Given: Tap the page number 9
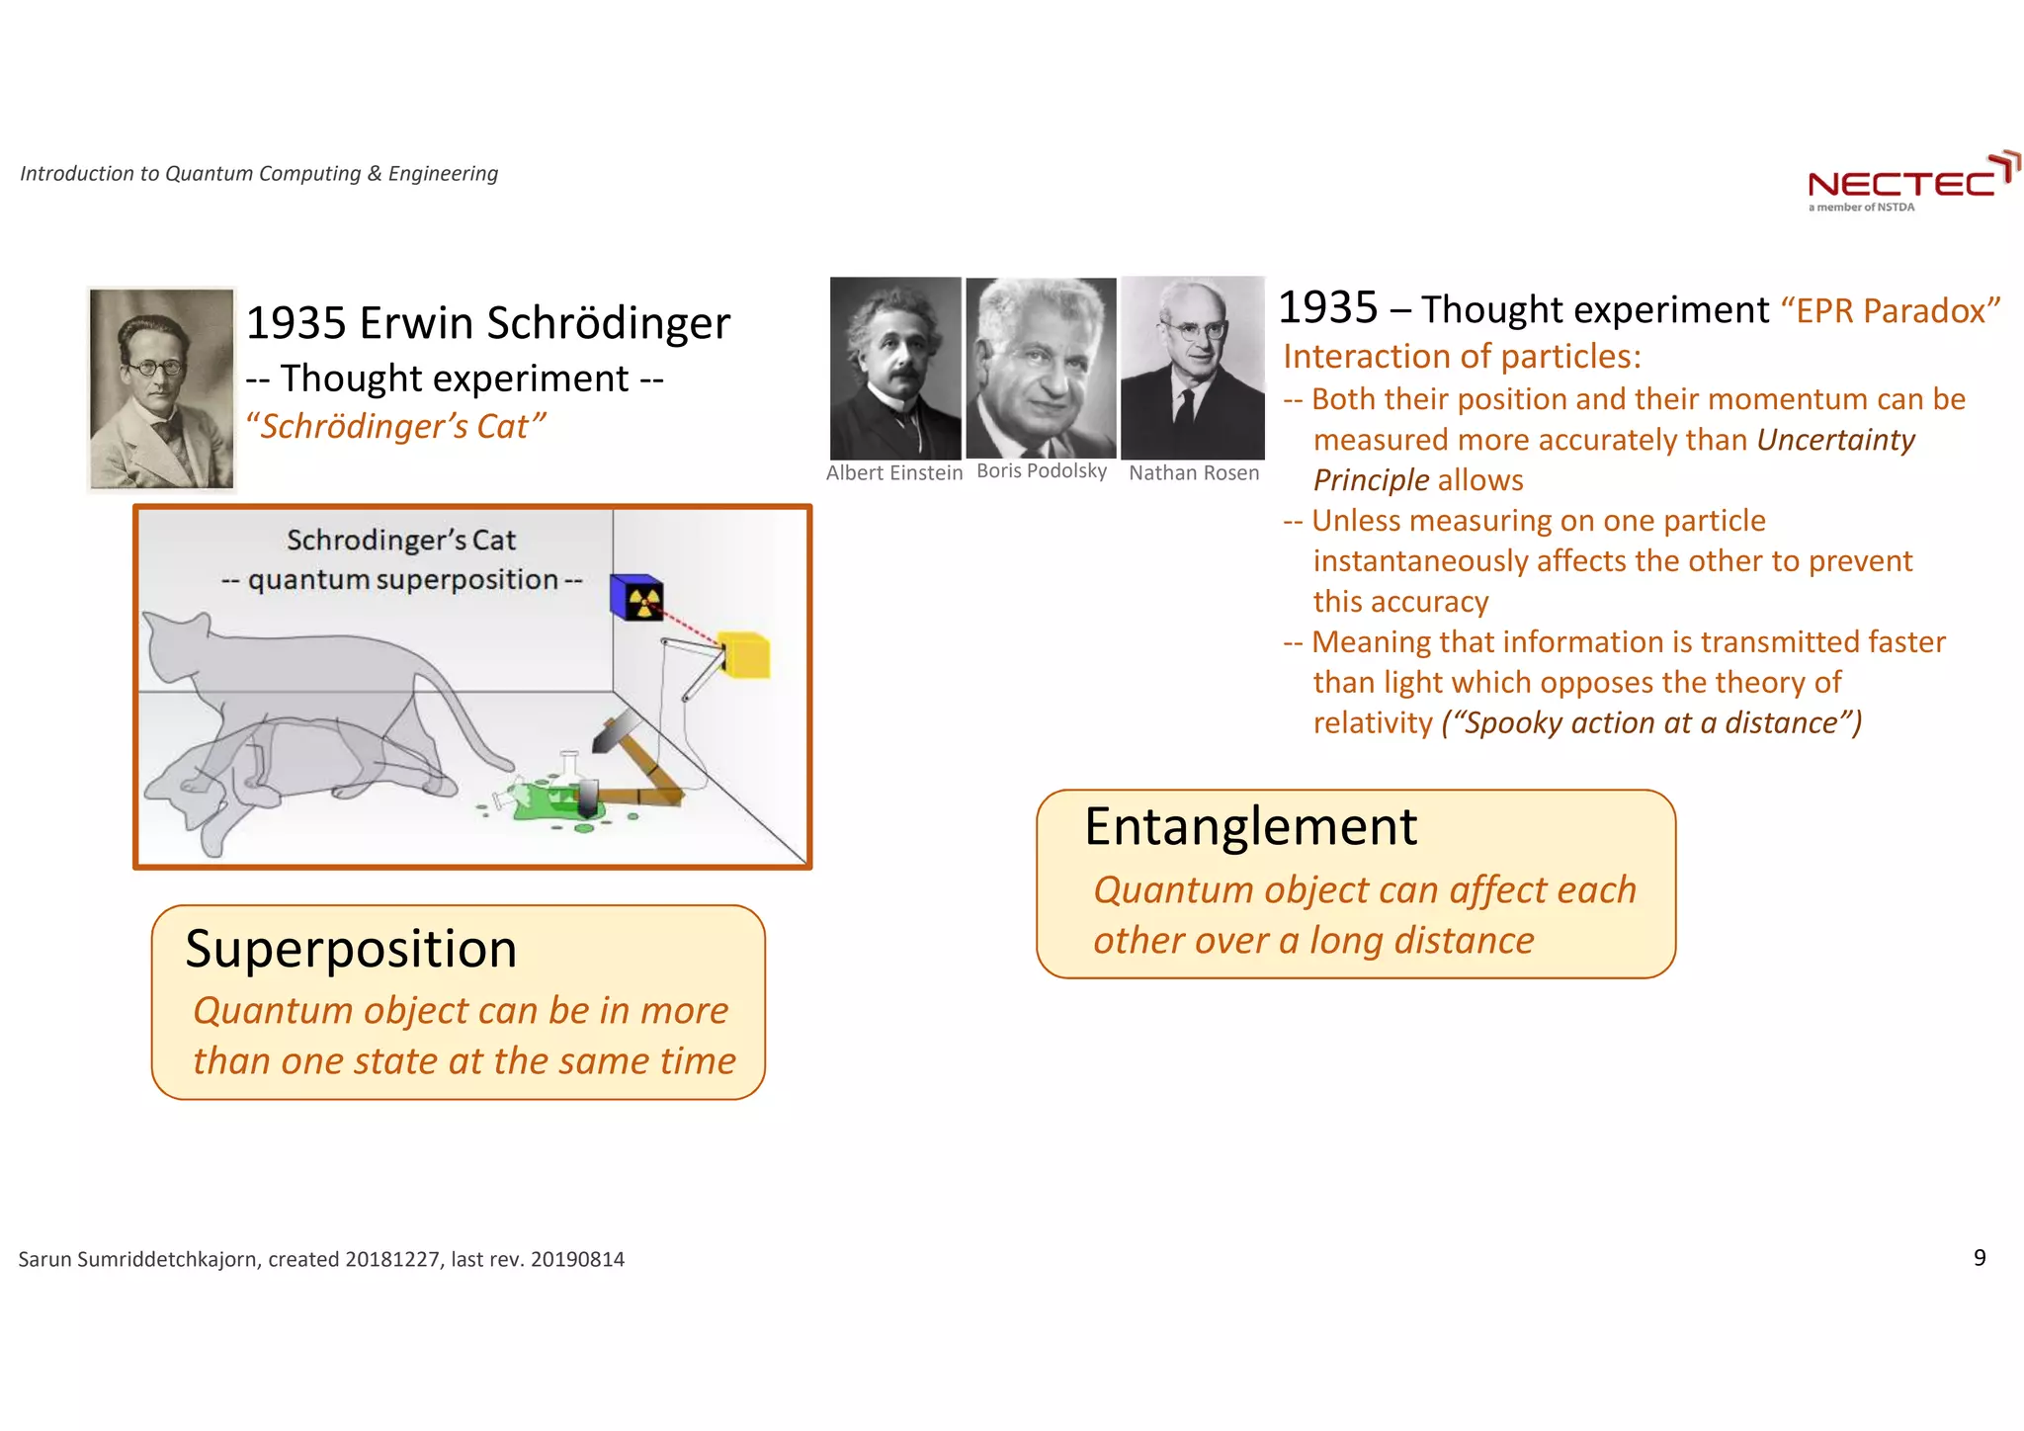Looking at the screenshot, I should point(1980,1257).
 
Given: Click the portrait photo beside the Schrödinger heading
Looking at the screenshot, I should point(162,388).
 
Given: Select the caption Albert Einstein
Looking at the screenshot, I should point(894,473).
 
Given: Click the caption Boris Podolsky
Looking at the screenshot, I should point(1042,471).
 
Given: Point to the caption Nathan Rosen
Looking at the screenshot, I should point(1194,473).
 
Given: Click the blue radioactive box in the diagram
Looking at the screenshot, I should point(636,597).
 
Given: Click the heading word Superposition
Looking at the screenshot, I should point(351,949).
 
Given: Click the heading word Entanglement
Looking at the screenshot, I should point(1250,826).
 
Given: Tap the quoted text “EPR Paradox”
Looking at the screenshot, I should point(1890,310).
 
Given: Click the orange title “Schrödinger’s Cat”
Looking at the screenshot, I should point(395,427).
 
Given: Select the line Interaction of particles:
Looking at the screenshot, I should point(1462,356).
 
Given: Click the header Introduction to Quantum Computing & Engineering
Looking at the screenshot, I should point(259,174).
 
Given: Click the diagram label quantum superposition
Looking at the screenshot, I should point(402,580).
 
